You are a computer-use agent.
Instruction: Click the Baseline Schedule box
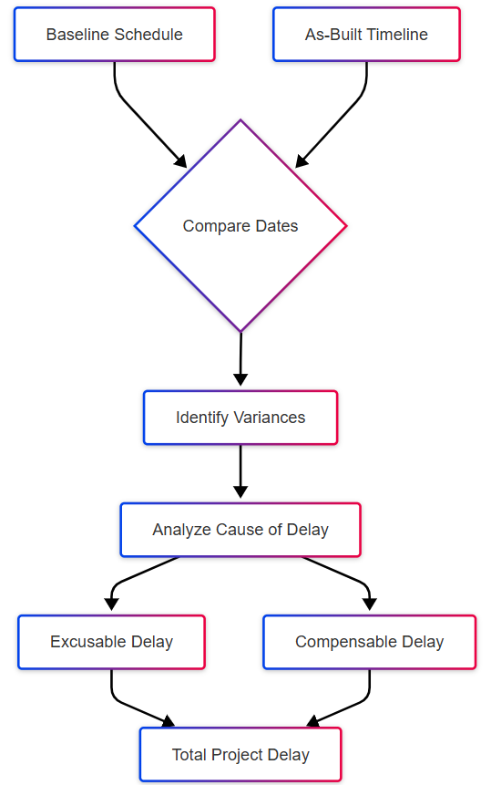coord(115,35)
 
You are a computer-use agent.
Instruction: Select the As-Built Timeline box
coord(366,35)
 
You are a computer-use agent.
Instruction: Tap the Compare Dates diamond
coord(240,226)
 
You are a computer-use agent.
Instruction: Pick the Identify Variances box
coord(240,418)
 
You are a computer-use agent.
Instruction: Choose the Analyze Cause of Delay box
coord(240,530)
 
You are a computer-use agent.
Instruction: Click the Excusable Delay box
coord(111,642)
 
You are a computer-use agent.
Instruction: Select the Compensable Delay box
coord(370,642)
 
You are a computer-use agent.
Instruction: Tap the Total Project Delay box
coord(240,755)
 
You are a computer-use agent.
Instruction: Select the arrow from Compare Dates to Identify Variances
coord(240,359)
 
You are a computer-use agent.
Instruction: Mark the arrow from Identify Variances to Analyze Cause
coord(240,471)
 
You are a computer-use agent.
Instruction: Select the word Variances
coord(269,418)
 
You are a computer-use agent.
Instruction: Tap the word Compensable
coord(346,642)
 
